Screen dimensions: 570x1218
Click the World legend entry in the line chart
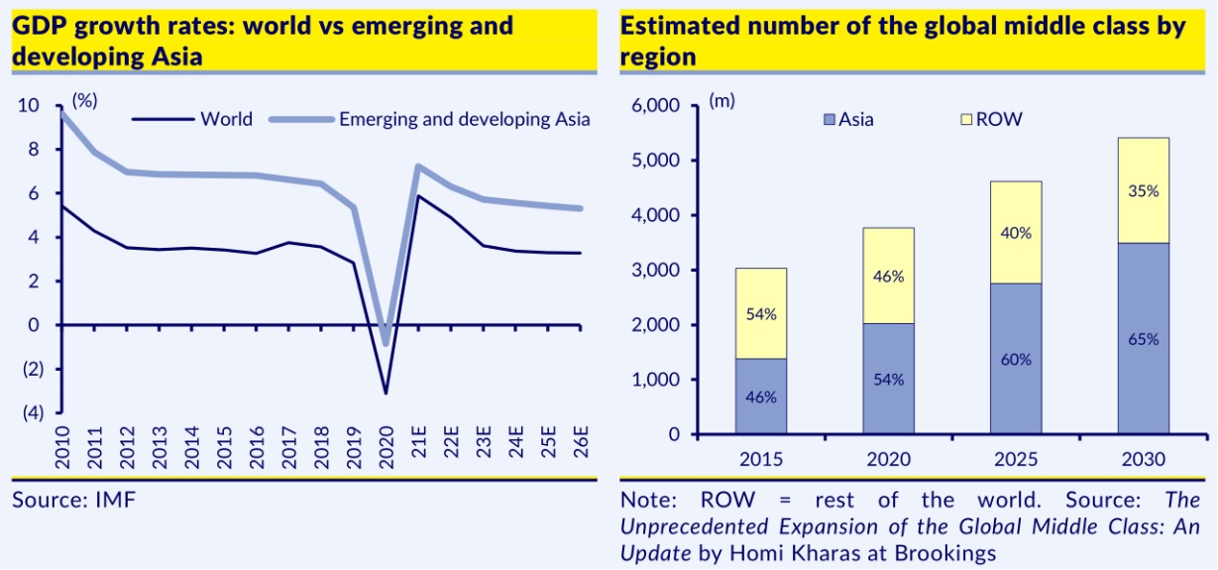tap(226, 119)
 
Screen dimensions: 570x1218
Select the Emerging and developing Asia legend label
tap(465, 119)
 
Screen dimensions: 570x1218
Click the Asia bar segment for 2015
tap(761, 397)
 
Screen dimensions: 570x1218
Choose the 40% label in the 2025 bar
tap(1016, 234)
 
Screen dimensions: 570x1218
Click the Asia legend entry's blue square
tap(830, 120)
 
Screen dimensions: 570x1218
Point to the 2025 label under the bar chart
tap(1016, 461)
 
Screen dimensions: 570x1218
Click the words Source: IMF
tap(73, 499)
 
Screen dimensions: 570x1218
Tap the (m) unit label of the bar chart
tap(721, 101)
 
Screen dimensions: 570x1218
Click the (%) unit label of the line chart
tap(84, 101)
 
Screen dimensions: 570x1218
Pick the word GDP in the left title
tap(37, 26)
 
